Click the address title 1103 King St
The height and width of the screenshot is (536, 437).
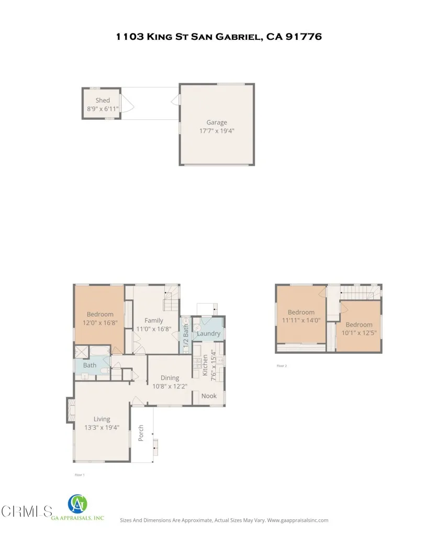218,37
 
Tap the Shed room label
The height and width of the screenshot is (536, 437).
103,100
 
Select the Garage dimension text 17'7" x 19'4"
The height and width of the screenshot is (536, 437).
217,131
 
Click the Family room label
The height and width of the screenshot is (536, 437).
154,320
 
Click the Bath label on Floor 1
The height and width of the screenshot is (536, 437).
89,365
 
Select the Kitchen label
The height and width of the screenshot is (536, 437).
205,365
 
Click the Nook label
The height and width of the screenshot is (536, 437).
209,396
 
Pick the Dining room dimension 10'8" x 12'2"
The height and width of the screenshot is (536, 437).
170,386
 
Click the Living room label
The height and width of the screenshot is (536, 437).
102,419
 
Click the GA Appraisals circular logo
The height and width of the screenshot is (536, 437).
78,505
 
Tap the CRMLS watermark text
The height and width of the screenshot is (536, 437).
27,511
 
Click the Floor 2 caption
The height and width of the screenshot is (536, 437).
282,366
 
